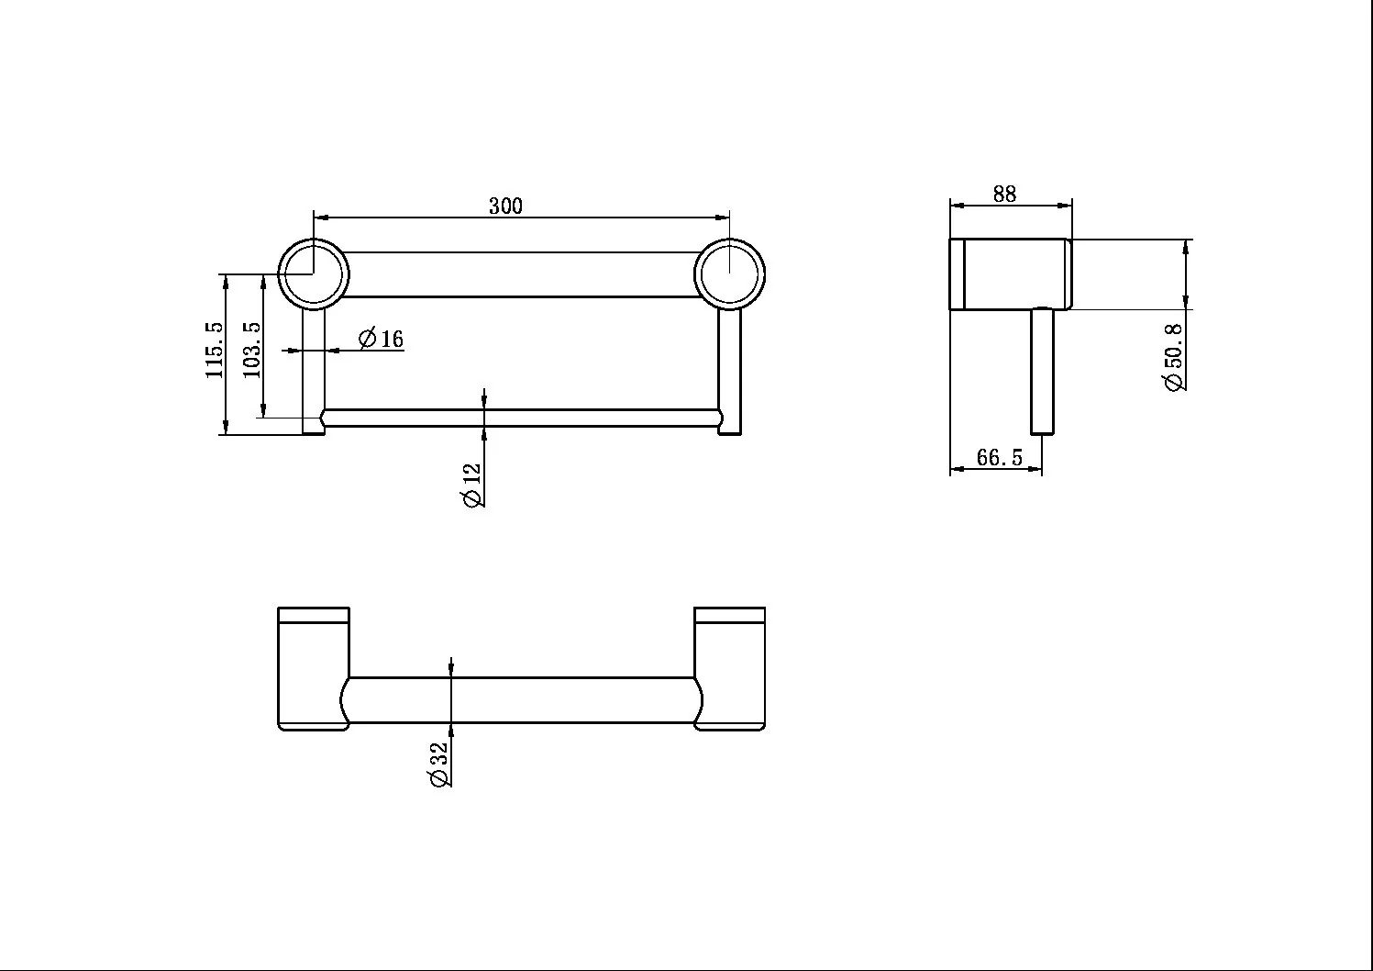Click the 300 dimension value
[x=505, y=206]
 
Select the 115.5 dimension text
[x=214, y=350]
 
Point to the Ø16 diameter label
[x=381, y=339]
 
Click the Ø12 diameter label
[x=471, y=485]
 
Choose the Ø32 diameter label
[x=437, y=765]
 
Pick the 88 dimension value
[x=1004, y=194]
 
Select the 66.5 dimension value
[x=999, y=457]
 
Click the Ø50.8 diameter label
[x=1174, y=357]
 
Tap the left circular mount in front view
[x=314, y=273]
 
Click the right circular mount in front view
[x=729, y=273]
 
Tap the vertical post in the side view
[x=1042, y=372]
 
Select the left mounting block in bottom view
[x=314, y=668]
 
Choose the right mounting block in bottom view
[x=730, y=668]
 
